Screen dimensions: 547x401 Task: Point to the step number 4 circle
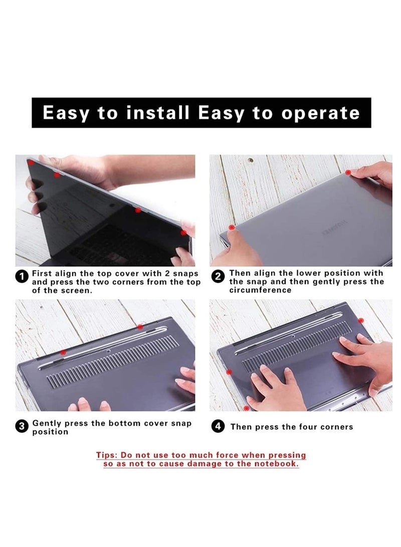(x=218, y=427)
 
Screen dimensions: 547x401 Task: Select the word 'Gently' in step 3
(x=47, y=423)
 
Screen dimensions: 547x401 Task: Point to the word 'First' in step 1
(x=43, y=273)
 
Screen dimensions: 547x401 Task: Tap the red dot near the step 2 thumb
(x=231, y=227)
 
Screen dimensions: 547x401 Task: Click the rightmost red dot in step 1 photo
(x=184, y=232)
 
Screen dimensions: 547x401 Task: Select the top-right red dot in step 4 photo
(x=361, y=319)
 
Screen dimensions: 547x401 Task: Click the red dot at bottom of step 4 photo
(x=246, y=408)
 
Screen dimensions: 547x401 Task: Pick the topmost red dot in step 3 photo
(x=140, y=327)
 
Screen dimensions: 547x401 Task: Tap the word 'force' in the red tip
(x=222, y=455)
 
